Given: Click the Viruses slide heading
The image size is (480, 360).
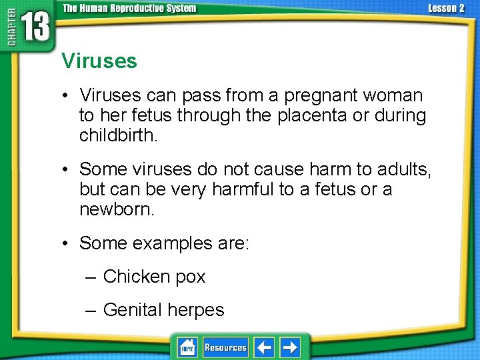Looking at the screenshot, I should [x=99, y=61].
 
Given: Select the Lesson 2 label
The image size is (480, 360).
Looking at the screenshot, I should [x=446, y=8].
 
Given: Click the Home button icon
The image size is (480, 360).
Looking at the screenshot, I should [x=187, y=347].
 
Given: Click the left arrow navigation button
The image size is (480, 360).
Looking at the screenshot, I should [x=264, y=347].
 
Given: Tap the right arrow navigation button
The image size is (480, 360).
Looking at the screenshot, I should [x=290, y=347].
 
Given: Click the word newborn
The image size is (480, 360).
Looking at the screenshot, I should [x=117, y=209].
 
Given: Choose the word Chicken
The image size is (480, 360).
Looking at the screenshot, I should [x=135, y=277].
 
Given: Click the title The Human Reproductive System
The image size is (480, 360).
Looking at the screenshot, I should [x=129, y=8].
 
